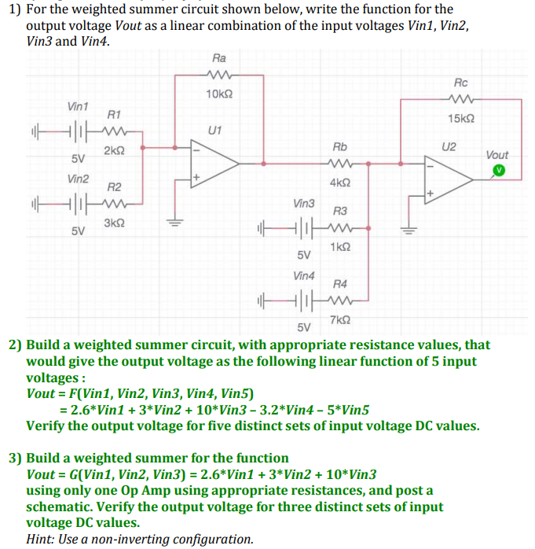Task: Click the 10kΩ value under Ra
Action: pyautogui.click(x=218, y=94)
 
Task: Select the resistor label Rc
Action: pyautogui.click(x=460, y=83)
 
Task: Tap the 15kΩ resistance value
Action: pyautogui.click(x=460, y=118)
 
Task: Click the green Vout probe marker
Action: pyautogui.click(x=497, y=170)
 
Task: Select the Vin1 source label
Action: pyautogui.click(x=78, y=106)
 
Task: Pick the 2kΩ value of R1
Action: pyautogui.click(x=111, y=150)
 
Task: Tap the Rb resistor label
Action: pyautogui.click(x=339, y=147)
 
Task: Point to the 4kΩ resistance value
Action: pyautogui.click(x=340, y=182)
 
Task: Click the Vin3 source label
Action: pyautogui.click(x=303, y=203)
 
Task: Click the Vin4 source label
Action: pyautogui.click(x=303, y=276)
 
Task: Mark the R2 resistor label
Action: pyautogui.click(x=113, y=187)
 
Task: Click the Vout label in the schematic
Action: pyautogui.click(x=497, y=155)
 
